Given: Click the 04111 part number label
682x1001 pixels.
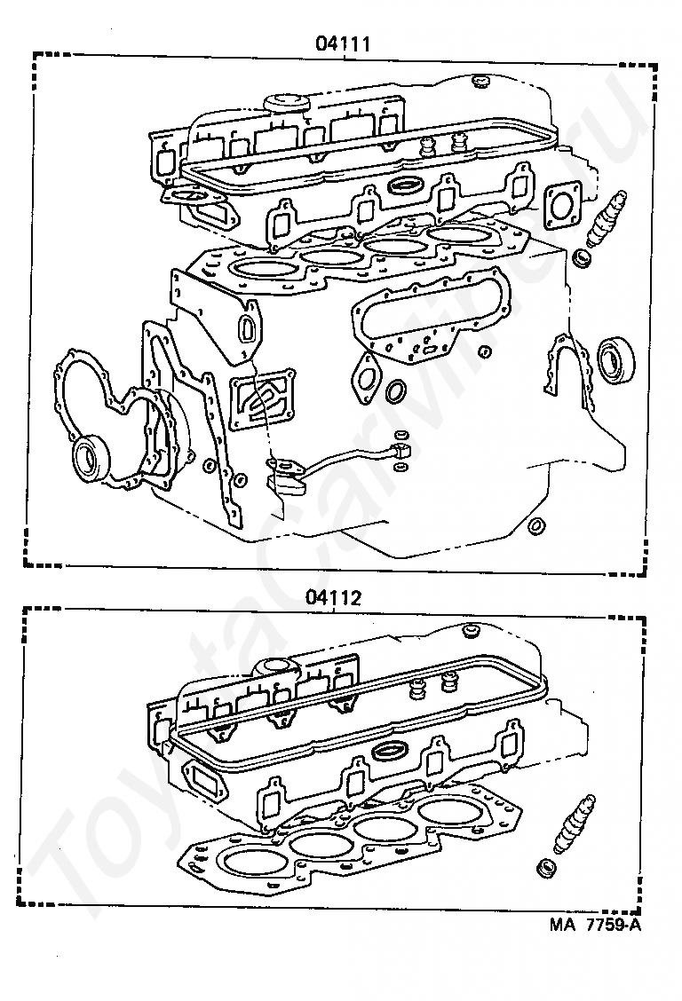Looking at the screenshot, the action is tap(342, 42).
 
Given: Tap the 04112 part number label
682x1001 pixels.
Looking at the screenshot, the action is tap(335, 597).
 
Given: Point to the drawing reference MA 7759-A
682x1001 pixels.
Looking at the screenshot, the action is tap(594, 925).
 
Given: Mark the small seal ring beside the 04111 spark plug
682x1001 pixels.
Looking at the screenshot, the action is tap(583, 258).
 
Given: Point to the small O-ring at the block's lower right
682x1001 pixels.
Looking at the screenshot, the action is tap(535, 527).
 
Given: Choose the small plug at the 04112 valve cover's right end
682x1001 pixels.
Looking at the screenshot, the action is tap(471, 631).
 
